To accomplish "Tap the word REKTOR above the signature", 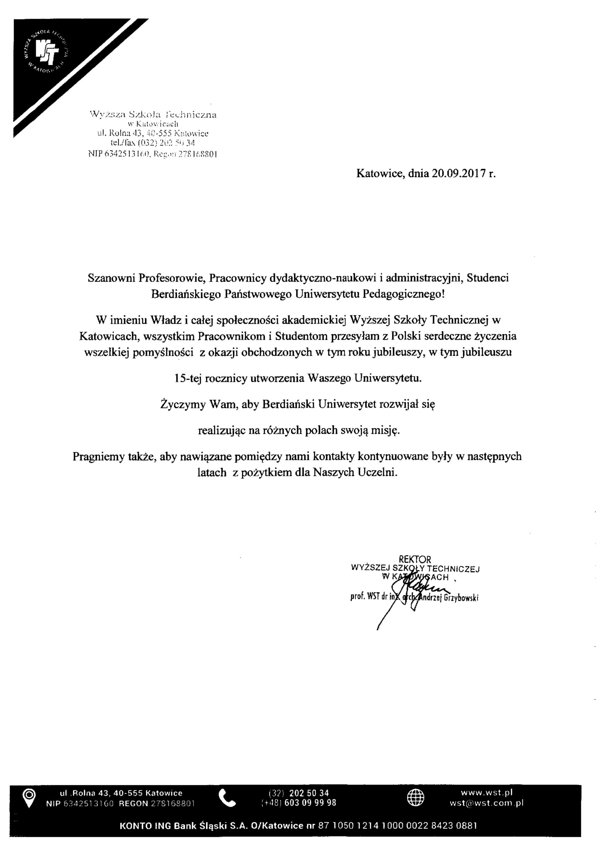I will click(415, 559).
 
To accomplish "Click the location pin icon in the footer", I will click(29, 797).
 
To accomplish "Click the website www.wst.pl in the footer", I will click(486, 792).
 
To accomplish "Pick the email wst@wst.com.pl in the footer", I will click(486, 803).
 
